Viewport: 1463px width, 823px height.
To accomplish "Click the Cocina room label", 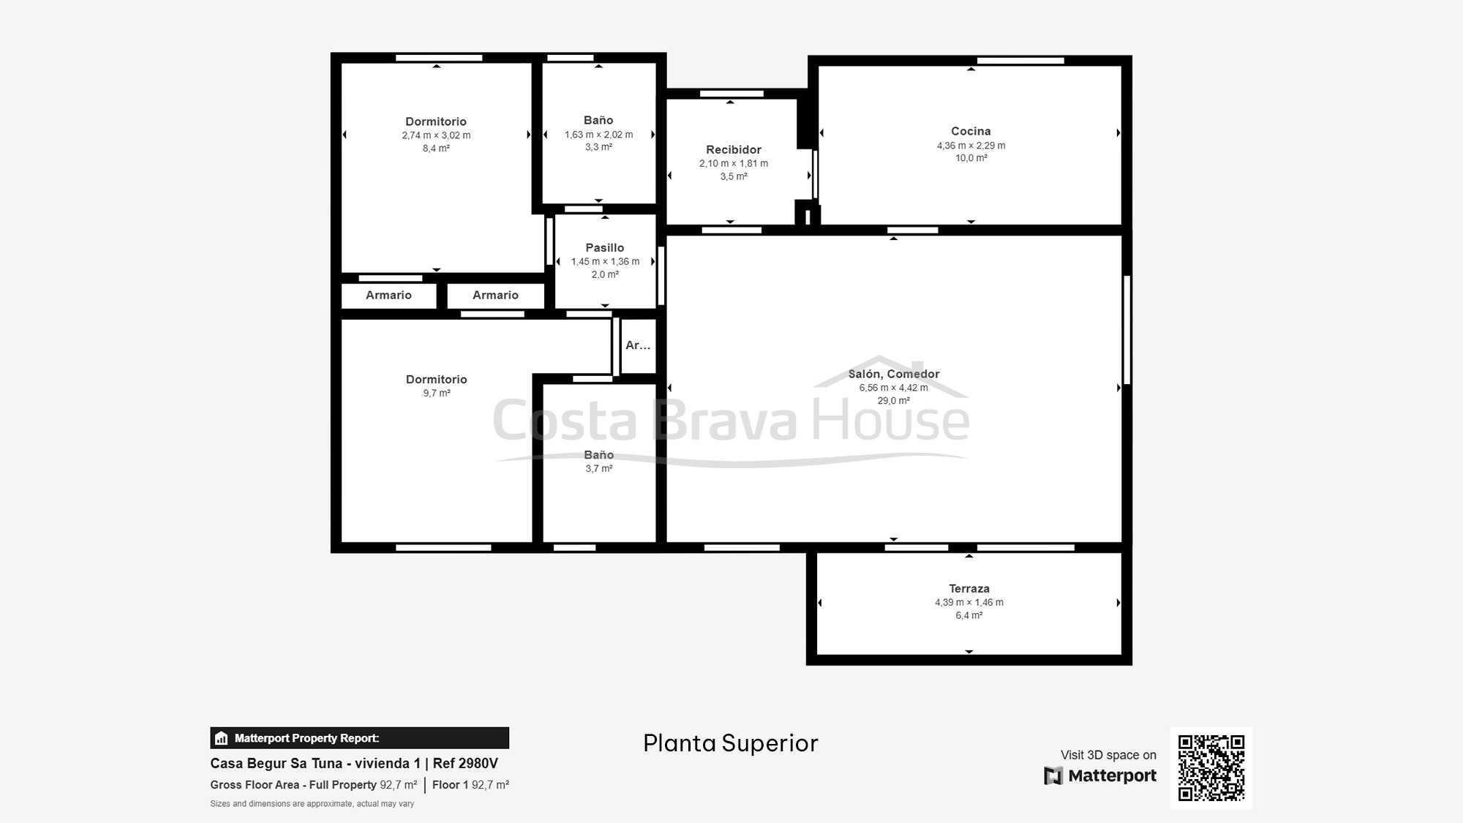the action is point(971,131).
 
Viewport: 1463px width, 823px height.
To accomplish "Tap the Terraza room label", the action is point(969,588).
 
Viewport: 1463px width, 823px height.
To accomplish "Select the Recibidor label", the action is point(734,149).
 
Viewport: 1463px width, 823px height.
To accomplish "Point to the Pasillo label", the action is point(605,248).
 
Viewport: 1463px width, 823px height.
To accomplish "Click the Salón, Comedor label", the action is point(894,374).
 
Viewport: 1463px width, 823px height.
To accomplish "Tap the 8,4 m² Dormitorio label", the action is point(436,121).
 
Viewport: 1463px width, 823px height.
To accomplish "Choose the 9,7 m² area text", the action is point(437,394).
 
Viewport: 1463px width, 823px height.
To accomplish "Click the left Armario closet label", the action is point(388,295).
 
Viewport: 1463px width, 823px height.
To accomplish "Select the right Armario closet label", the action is point(495,295).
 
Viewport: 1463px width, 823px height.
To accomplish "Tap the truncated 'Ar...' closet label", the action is point(638,345).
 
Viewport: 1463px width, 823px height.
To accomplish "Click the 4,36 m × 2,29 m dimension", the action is point(971,146).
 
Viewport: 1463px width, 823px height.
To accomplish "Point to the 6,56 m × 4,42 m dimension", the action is point(894,388).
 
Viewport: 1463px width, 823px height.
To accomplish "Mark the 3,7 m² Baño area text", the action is point(598,469).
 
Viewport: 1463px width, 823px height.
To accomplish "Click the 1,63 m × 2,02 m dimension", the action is point(598,135).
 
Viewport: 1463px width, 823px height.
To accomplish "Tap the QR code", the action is point(1211,768).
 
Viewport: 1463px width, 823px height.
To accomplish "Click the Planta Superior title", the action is point(731,743).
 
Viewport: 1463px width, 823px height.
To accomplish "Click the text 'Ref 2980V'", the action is point(465,763).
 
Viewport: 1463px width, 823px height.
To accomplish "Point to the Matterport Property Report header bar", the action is point(360,738).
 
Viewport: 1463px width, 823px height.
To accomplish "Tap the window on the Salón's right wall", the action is point(1127,330).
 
